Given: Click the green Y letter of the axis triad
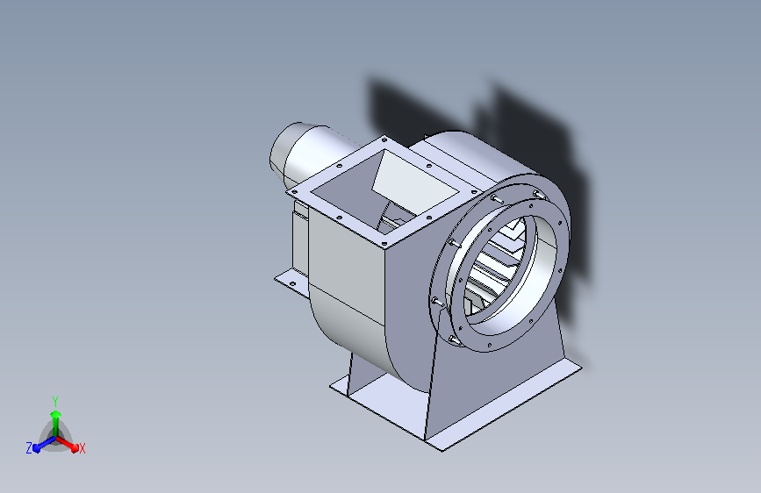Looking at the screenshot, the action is (55, 401).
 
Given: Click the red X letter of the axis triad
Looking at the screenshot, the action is (82, 448).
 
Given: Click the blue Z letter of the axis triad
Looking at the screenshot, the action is (29, 448).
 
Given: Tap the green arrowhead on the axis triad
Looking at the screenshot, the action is (55, 414).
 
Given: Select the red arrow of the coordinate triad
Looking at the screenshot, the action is (67, 444).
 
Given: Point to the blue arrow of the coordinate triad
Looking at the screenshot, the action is (44, 444).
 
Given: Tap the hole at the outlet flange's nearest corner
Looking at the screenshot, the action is (384, 244).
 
